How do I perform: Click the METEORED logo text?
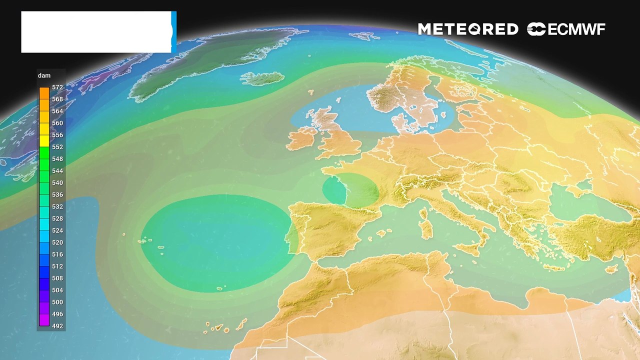pyautogui.click(x=468, y=29)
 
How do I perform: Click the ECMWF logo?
pyautogui.click(x=566, y=29)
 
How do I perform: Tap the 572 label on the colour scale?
pyautogui.click(x=57, y=87)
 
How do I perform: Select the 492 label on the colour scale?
pyautogui.click(x=57, y=326)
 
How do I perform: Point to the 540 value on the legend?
pyautogui.click(x=57, y=183)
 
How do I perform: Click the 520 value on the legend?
pyautogui.click(x=57, y=242)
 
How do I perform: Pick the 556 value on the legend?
pyautogui.click(x=57, y=135)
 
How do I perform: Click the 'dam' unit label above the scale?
pyautogui.click(x=44, y=76)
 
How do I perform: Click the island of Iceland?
pyautogui.click(x=262, y=78)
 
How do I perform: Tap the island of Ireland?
pyautogui.click(x=301, y=138)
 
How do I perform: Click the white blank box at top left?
pyautogui.click(x=96, y=32)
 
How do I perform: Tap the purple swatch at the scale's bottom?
pyautogui.click(x=44, y=320)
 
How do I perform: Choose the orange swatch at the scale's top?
pyautogui.click(x=44, y=93)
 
